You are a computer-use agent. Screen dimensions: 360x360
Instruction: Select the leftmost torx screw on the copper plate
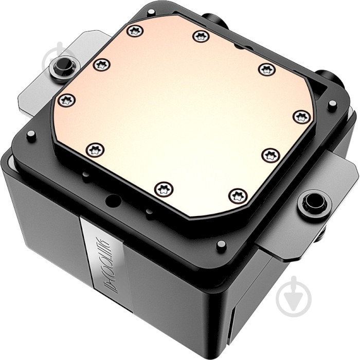pyautogui.click(x=67, y=100)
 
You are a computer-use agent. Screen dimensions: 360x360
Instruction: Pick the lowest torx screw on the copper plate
pyautogui.click(x=238, y=195)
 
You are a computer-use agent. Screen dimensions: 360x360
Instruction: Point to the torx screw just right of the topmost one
pyautogui.click(x=201, y=36)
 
